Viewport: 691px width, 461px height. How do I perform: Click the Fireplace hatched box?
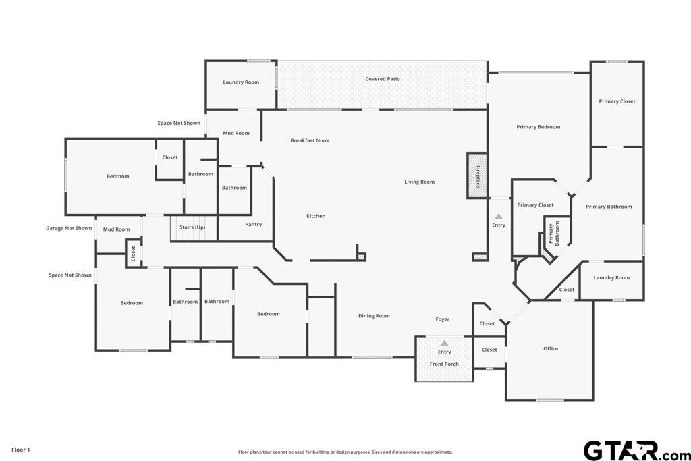(x=477, y=175)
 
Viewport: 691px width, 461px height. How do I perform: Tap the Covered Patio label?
(x=383, y=79)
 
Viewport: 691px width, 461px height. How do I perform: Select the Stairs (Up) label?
(x=192, y=227)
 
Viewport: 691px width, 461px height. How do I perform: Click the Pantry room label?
(x=254, y=224)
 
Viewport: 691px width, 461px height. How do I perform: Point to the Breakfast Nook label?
(x=310, y=140)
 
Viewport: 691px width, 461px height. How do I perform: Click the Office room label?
(x=551, y=348)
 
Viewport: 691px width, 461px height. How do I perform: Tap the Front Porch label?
(x=444, y=364)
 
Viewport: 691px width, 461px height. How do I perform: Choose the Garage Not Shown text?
(x=69, y=228)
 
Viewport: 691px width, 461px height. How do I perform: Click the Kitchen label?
(x=316, y=216)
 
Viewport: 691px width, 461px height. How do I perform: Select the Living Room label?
(x=420, y=182)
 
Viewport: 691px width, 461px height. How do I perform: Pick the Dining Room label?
(x=374, y=316)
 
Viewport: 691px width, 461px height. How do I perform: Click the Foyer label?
(x=443, y=319)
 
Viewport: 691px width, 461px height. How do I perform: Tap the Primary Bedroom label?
(x=538, y=127)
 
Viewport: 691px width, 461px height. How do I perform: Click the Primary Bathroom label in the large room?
(x=609, y=207)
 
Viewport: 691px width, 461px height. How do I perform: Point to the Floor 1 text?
(x=21, y=450)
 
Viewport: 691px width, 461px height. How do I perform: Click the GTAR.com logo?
(x=636, y=451)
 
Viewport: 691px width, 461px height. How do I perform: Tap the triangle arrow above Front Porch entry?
(x=445, y=343)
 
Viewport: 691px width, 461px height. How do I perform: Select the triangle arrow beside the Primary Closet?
(x=499, y=217)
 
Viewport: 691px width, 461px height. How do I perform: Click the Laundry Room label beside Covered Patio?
(x=241, y=82)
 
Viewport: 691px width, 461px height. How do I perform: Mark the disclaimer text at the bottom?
(x=345, y=452)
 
